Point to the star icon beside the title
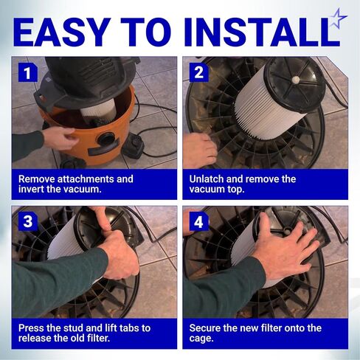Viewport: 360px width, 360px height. [x=339, y=18]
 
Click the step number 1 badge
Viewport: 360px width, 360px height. [x=28, y=72]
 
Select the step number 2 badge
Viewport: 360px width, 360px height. [x=198, y=72]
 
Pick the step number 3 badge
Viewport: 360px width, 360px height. [x=28, y=221]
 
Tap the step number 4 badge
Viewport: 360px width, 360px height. [x=198, y=221]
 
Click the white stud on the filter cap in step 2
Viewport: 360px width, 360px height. [x=296, y=80]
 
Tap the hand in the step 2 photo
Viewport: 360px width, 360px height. [x=200, y=150]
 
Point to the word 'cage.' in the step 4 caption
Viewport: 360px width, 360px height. [x=201, y=339]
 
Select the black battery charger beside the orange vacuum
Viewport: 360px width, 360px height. [x=134, y=146]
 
